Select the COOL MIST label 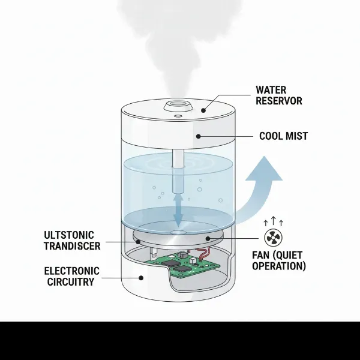pos(283,136)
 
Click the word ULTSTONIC pos(73,234)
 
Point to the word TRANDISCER pos(73,245)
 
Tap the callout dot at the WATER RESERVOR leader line pos(204,110)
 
